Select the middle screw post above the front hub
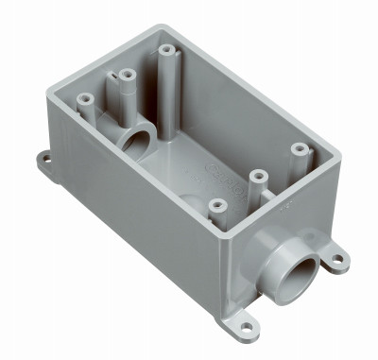254,174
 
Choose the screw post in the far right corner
300,148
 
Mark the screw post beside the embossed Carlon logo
217,203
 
